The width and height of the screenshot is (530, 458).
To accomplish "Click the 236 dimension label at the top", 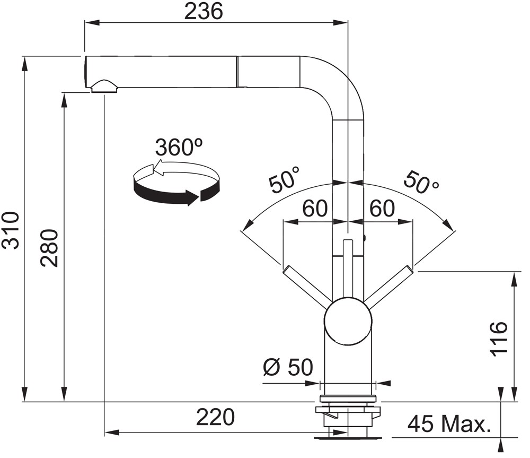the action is (204, 11).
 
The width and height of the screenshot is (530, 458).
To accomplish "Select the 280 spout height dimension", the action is (49, 248).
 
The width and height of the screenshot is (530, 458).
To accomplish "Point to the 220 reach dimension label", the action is (215, 417).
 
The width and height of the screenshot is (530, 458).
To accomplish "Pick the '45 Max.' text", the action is (449, 424).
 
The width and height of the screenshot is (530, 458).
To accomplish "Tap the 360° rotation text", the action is (179, 147).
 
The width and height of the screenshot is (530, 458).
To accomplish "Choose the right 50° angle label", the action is (421, 182).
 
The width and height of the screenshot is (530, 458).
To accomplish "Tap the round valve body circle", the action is (348, 322).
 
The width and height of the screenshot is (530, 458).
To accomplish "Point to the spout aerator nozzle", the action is (104, 87).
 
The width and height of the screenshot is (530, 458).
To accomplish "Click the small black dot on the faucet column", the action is (365, 237).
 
